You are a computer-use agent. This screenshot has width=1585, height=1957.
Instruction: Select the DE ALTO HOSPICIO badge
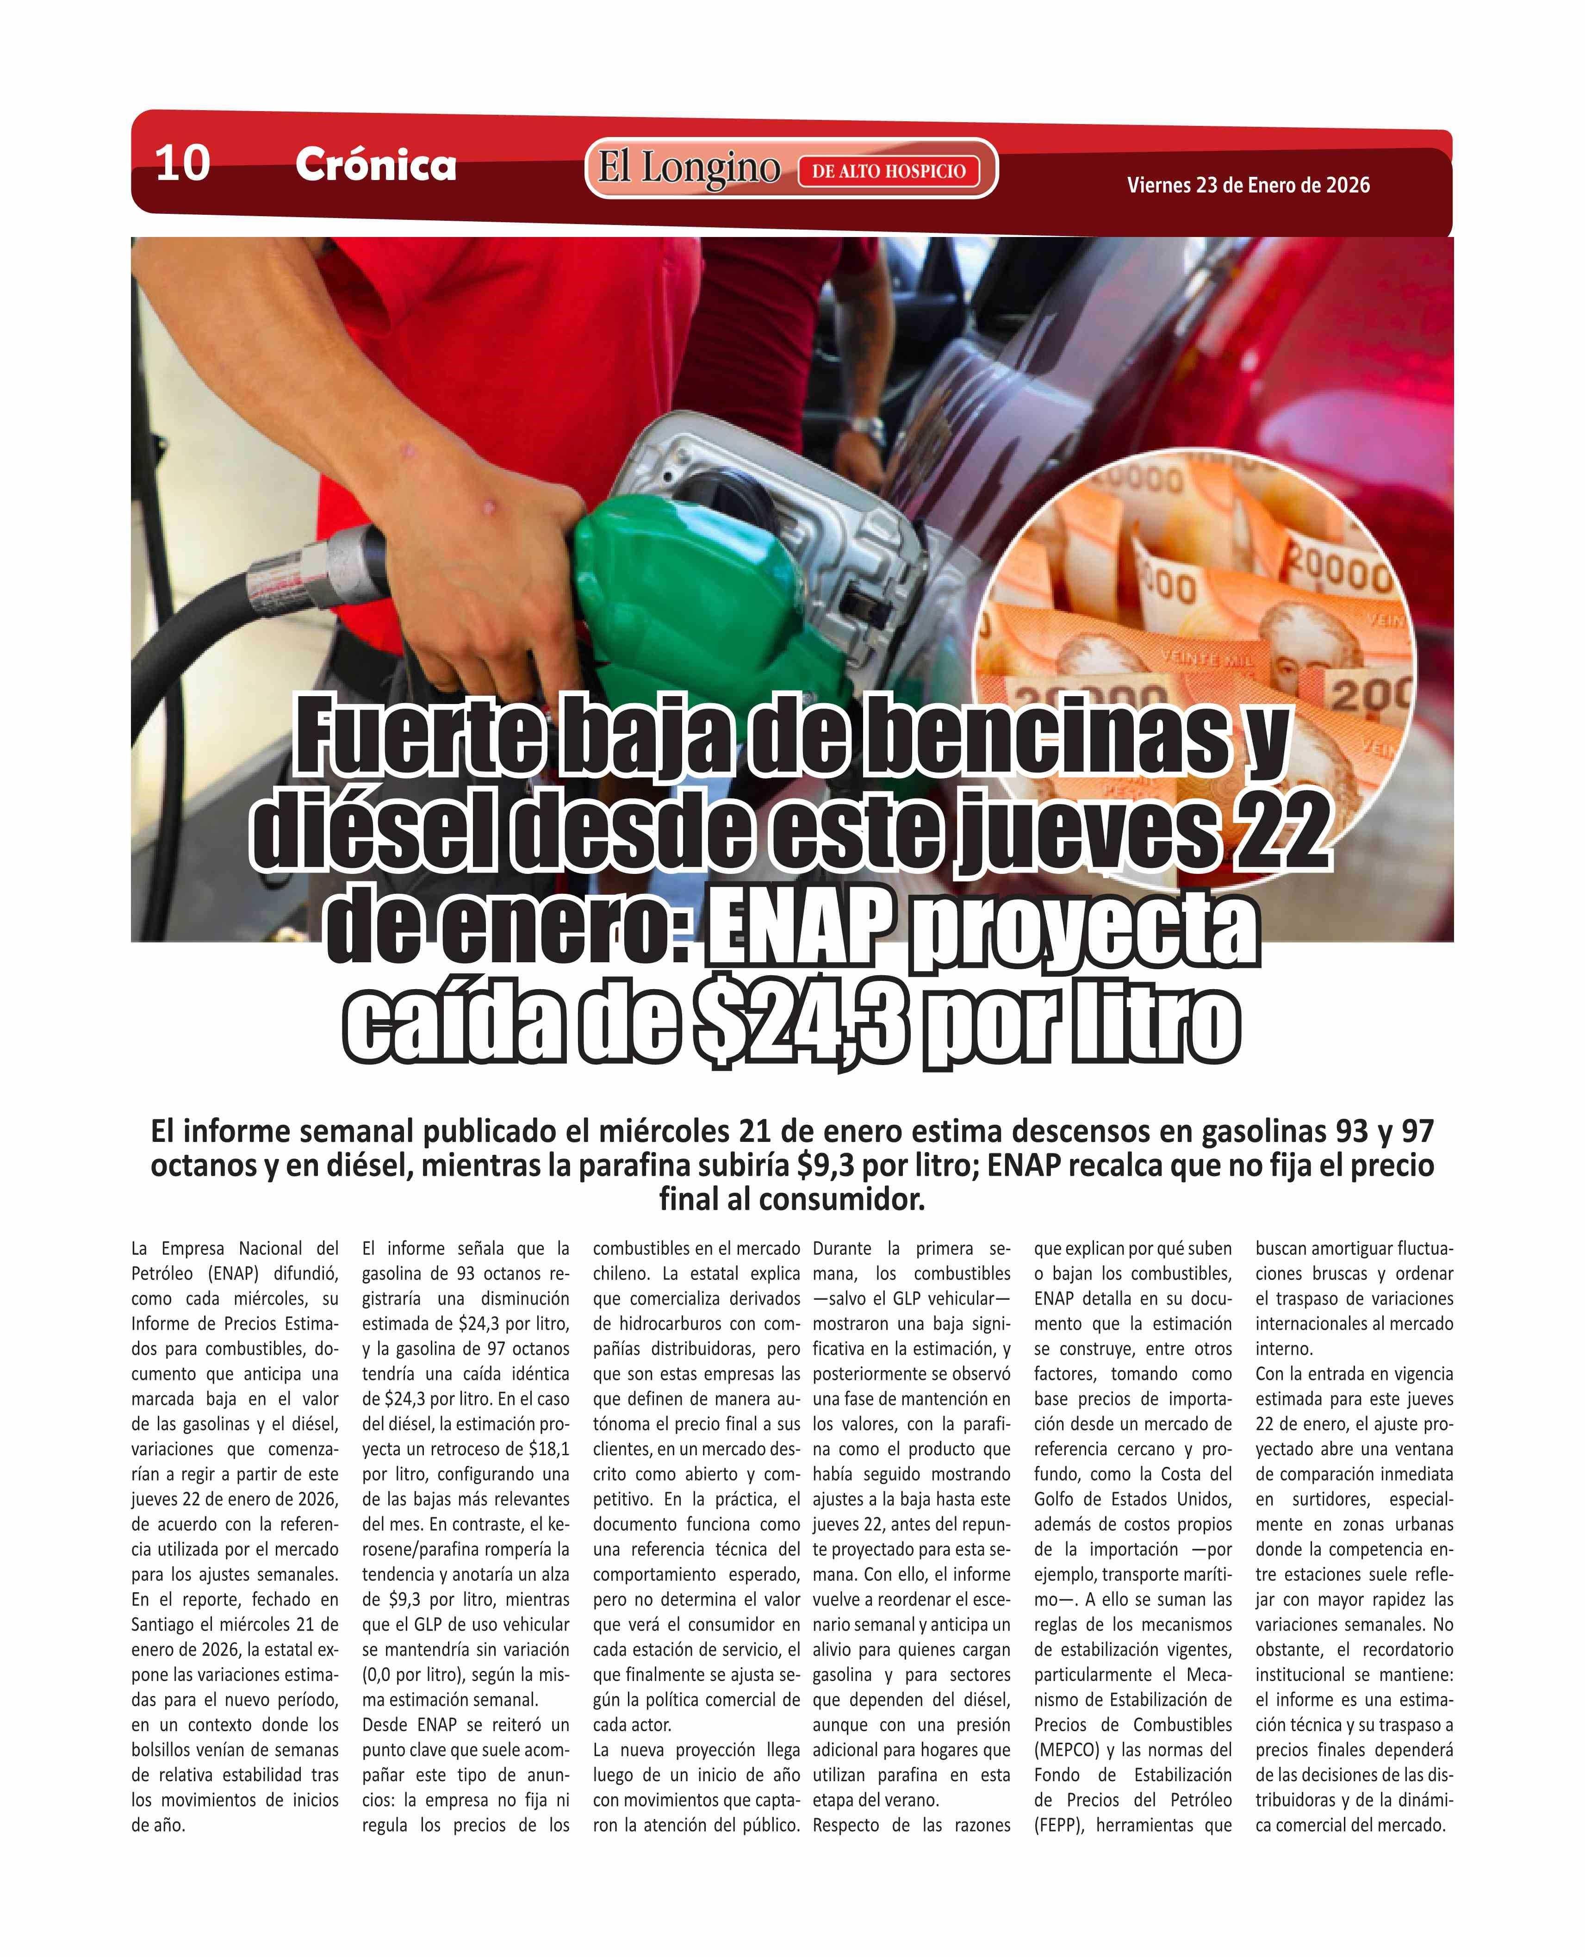[889, 171]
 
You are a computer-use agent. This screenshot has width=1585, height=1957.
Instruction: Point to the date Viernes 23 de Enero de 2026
[1248, 186]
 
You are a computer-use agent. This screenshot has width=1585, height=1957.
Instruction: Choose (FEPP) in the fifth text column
[1059, 1826]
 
